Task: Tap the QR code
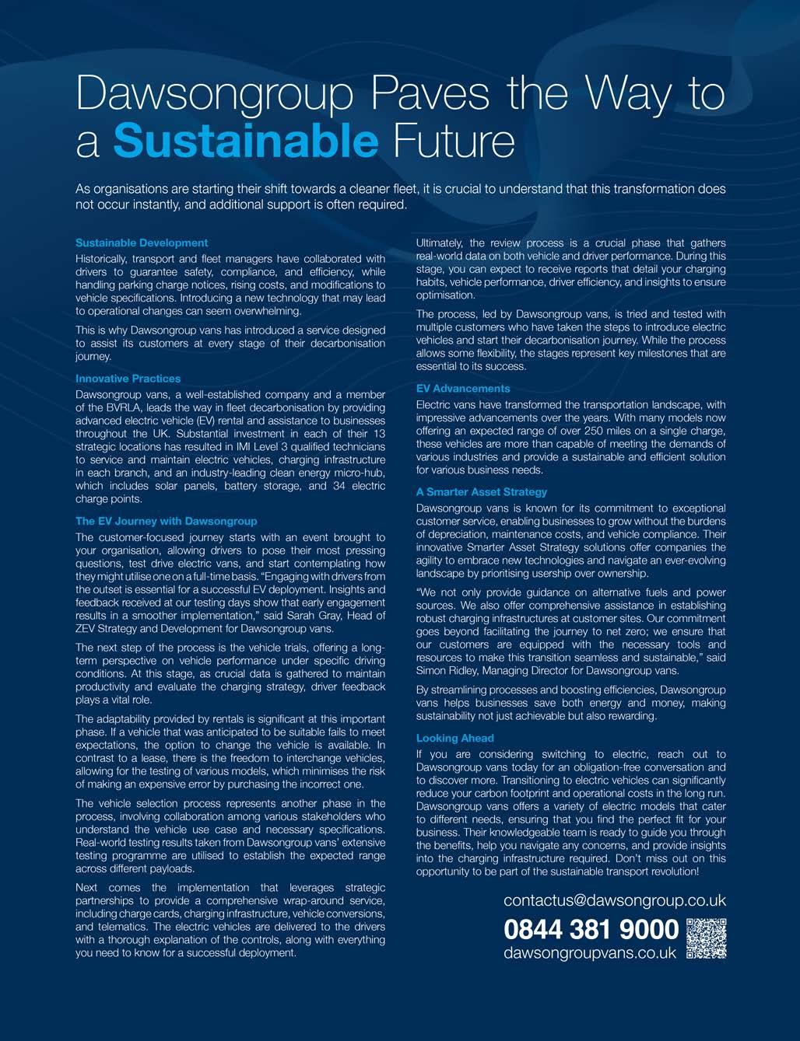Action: (x=707, y=938)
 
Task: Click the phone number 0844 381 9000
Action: (x=591, y=929)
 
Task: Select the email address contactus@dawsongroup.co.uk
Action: (x=615, y=900)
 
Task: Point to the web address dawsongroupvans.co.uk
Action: (x=590, y=953)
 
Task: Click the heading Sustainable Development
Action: (x=142, y=243)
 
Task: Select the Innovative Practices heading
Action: (x=128, y=379)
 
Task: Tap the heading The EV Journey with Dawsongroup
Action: (x=166, y=521)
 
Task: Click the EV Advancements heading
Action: (x=463, y=388)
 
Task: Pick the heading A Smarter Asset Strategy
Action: (x=482, y=492)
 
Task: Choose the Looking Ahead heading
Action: (x=455, y=738)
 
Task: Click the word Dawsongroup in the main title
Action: (x=215, y=95)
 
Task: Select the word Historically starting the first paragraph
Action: (x=102, y=259)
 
